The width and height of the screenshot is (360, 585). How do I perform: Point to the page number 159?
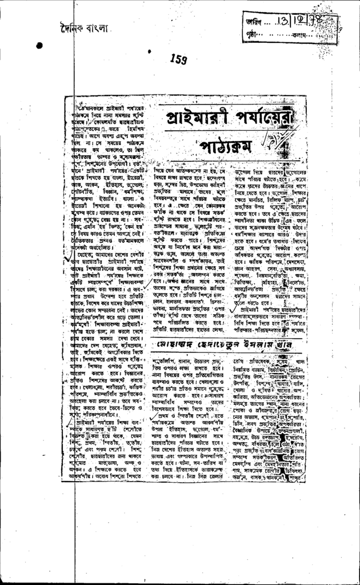[x=179, y=58]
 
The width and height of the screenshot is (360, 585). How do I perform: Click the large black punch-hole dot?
[x=39, y=46]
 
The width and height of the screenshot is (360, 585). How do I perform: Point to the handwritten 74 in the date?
[x=315, y=21]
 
